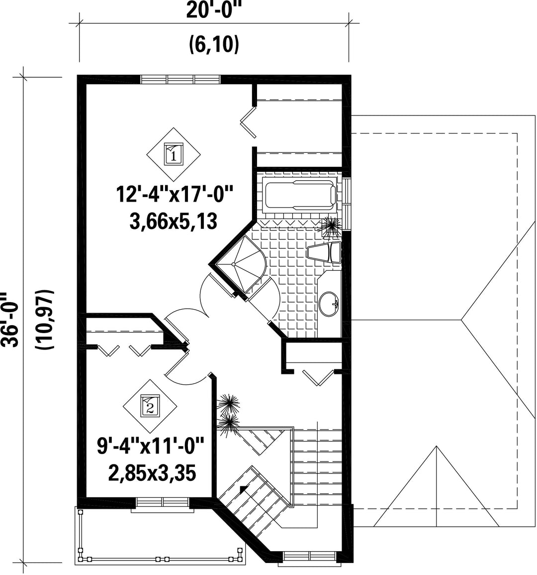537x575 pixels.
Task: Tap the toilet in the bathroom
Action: point(324,252)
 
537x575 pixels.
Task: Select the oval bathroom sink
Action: point(329,303)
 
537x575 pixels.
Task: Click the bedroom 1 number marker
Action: point(173,153)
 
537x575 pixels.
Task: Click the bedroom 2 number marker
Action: point(150,406)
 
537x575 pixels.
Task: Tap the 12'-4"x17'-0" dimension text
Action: point(175,194)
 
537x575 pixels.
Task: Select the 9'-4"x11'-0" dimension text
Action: point(150,446)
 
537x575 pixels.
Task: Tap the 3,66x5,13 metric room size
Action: point(174,222)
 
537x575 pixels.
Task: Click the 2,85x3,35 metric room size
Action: point(152,473)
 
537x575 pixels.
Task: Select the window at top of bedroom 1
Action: point(181,79)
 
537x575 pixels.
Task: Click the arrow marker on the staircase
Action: point(243,488)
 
